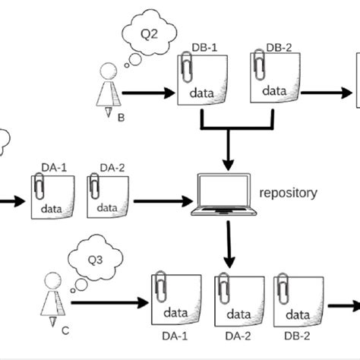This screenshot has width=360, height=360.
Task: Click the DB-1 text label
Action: (206, 48)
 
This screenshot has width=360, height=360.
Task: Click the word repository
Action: (289, 193)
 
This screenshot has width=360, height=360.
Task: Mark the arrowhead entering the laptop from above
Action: (227, 163)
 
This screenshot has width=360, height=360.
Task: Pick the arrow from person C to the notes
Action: (106, 304)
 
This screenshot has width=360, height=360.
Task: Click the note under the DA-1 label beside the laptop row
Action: (52, 198)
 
